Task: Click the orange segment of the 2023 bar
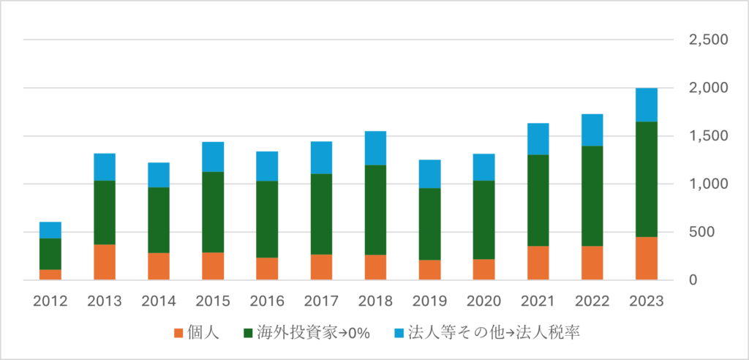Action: (x=647, y=258)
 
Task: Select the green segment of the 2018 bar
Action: (x=375, y=210)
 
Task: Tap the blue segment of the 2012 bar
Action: (x=50, y=230)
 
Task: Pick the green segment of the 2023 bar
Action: (x=647, y=179)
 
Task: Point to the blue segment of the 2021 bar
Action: (x=538, y=139)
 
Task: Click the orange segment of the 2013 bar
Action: (x=105, y=262)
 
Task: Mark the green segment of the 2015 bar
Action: (x=213, y=212)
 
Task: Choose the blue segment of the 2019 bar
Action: (x=430, y=174)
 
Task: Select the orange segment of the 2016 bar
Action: (x=267, y=269)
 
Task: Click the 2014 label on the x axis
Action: (x=159, y=301)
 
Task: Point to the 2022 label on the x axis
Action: (x=592, y=301)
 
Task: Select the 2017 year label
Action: (x=321, y=301)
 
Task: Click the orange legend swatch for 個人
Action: (x=178, y=334)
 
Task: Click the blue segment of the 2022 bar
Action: (x=592, y=130)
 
